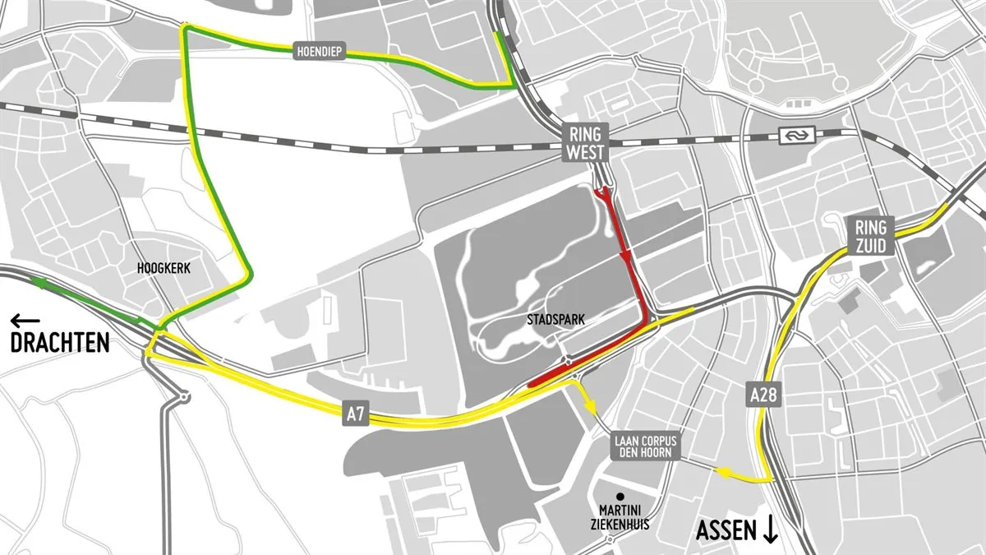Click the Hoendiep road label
pyautogui.click(x=320, y=52)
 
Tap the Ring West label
pyautogui.click(x=585, y=143)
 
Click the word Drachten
pyautogui.click(x=60, y=343)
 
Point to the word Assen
pyautogui.click(x=726, y=530)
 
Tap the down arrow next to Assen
pyautogui.click(x=771, y=530)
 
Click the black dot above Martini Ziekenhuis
pyautogui.click(x=621, y=497)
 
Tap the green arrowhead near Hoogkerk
pyautogui.click(x=38, y=281)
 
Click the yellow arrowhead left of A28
pyautogui.click(x=724, y=472)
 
